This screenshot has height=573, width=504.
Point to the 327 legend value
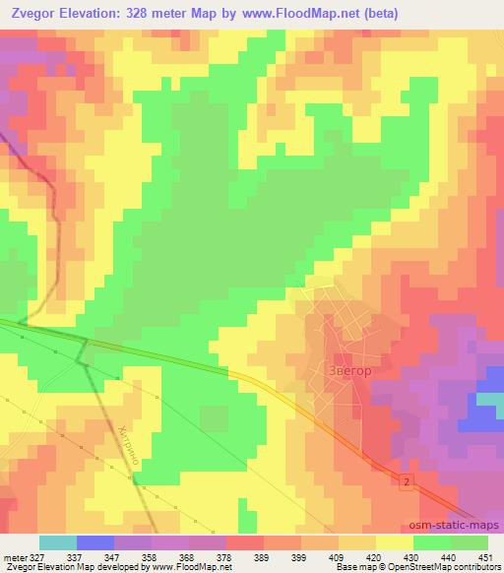point(36,556)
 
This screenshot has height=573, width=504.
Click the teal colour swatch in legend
point(58,542)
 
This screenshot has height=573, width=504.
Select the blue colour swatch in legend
point(95,542)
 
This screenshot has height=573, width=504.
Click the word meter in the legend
point(14,556)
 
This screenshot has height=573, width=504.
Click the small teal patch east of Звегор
point(490,399)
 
